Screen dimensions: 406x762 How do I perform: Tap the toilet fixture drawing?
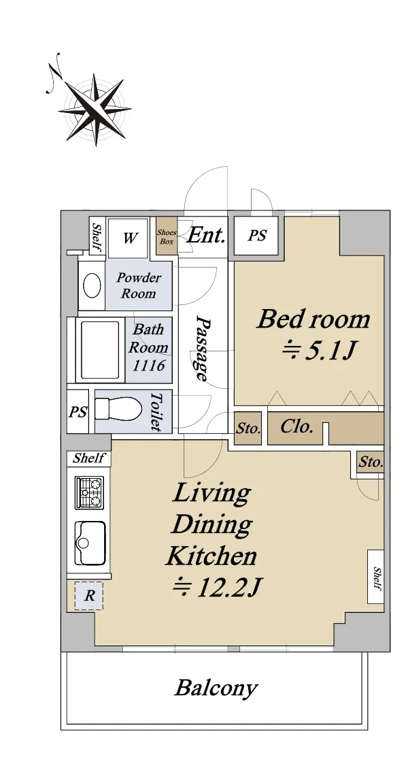[118, 409]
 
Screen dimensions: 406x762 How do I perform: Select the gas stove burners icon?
[89, 493]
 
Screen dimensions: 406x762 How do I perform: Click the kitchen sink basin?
[90, 543]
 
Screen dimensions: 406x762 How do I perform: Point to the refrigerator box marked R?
[89, 596]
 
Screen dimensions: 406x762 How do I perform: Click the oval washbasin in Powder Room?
[92, 285]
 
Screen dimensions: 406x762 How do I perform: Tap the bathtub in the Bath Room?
[100, 350]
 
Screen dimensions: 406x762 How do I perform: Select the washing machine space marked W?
[128, 238]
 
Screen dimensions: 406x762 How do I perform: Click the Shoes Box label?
[167, 237]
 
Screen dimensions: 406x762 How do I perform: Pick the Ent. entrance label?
[206, 236]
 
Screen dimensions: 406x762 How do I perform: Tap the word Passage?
[203, 349]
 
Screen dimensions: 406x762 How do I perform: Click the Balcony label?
[216, 688]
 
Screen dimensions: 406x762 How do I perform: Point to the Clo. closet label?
[296, 427]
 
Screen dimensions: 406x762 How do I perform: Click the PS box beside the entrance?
[257, 236]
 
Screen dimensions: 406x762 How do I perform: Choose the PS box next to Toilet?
[78, 412]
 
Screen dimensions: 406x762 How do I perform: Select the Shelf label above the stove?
[89, 458]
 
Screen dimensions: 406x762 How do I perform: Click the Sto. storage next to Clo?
[248, 429]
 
